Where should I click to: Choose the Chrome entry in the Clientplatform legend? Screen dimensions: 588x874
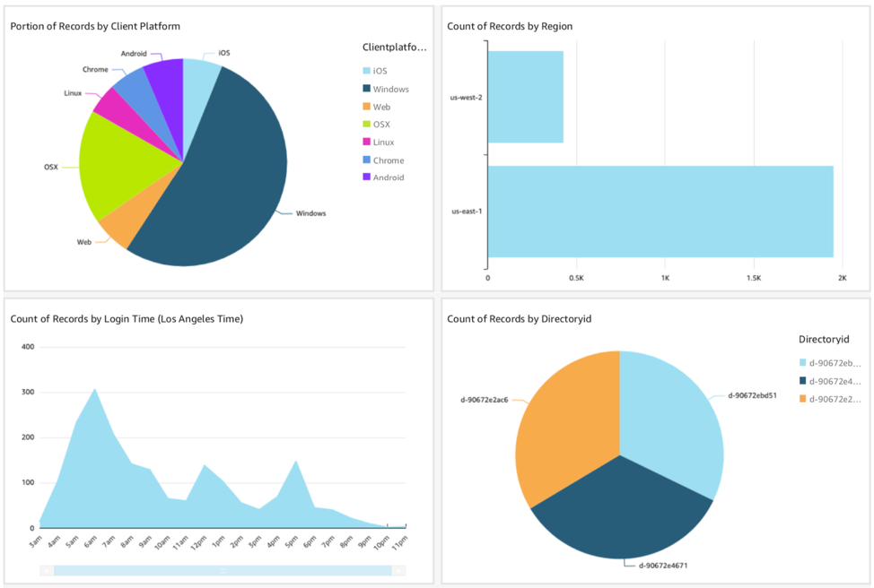click(388, 160)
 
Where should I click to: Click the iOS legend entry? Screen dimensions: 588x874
click(380, 71)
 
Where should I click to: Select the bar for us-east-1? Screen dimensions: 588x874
click(660, 212)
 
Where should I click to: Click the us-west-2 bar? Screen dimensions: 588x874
click(526, 97)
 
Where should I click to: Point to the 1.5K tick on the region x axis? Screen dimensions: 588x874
click(753, 278)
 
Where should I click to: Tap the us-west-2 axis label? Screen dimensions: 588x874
click(466, 97)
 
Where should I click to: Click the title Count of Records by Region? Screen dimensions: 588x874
click(510, 27)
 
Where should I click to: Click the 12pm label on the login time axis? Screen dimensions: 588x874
click(205, 541)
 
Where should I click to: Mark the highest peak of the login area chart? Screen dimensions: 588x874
click(95, 389)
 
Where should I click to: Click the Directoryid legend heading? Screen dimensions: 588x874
click(823, 340)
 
